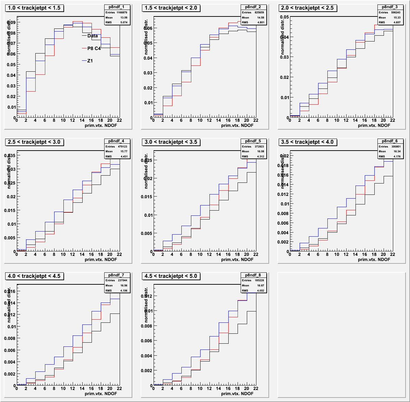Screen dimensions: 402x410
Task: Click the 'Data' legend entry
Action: [92, 36]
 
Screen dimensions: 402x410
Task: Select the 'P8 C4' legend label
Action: [94, 48]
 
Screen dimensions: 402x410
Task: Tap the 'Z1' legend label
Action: [90, 61]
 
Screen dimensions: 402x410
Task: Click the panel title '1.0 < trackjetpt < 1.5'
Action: [34, 8]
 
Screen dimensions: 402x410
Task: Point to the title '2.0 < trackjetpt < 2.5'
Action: [307, 8]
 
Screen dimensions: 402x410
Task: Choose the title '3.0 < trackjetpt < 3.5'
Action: [171, 142]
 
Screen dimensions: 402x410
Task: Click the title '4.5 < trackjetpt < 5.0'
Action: [171, 276]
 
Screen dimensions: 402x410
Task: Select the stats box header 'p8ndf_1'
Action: [117, 7]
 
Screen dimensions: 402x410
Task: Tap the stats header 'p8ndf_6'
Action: [390, 141]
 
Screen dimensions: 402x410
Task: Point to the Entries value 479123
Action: [123, 146]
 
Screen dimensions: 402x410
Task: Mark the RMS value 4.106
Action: [123, 291]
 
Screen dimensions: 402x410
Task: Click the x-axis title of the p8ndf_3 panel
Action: [374, 125]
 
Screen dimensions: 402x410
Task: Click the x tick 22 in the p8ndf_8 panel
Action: [255, 388]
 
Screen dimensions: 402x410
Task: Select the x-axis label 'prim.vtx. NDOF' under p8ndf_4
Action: [101, 259]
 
